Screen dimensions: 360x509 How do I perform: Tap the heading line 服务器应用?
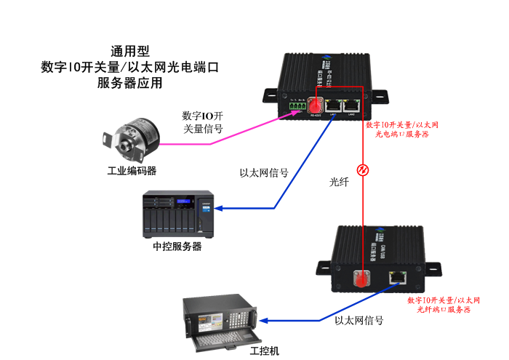129,83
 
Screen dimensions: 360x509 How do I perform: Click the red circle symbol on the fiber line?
364,171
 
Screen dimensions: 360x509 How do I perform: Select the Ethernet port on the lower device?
397,276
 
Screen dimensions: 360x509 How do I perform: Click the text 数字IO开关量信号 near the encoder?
202,122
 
